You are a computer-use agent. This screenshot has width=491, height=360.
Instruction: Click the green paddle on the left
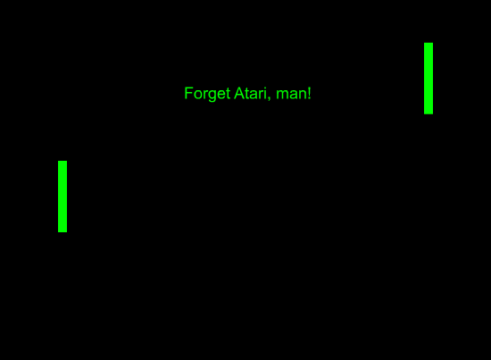[62, 197]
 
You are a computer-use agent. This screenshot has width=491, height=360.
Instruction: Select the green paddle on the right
[429, 79]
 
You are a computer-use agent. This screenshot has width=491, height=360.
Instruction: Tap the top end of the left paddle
[62, 161]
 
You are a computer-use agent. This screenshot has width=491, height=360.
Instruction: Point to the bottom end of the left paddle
[62, 232]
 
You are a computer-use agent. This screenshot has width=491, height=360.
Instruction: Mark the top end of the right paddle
[429, 43]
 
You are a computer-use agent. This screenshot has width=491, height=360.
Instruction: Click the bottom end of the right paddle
[429, 114]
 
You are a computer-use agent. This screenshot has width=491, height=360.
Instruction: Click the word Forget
[208, 94]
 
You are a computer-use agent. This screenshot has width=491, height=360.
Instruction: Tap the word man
[292, 95]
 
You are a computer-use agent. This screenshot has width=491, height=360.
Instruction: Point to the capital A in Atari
[239, 93]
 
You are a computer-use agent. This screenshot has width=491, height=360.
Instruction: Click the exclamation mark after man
[310, 93]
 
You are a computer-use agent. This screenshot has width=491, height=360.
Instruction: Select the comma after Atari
[269, 99]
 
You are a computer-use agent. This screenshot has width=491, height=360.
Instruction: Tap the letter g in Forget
[212, 96]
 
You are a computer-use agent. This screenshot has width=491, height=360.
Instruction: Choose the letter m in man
[282, 95]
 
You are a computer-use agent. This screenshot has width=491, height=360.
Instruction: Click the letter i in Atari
[265, 93]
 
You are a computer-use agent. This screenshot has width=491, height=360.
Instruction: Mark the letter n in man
[303, 95]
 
